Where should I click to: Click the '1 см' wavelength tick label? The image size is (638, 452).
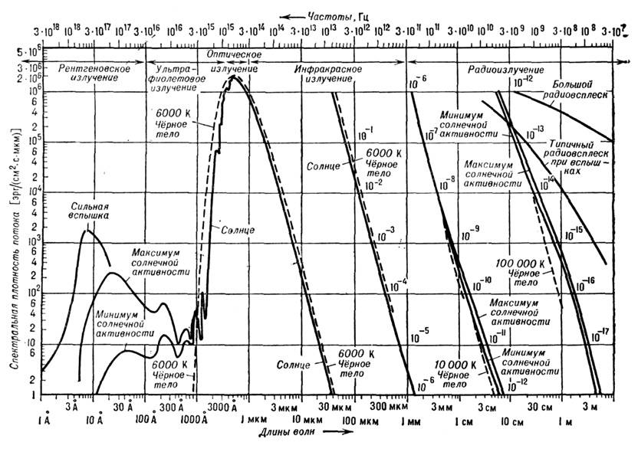click(463, 421)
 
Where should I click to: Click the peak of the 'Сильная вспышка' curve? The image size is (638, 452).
click(87, 231)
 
